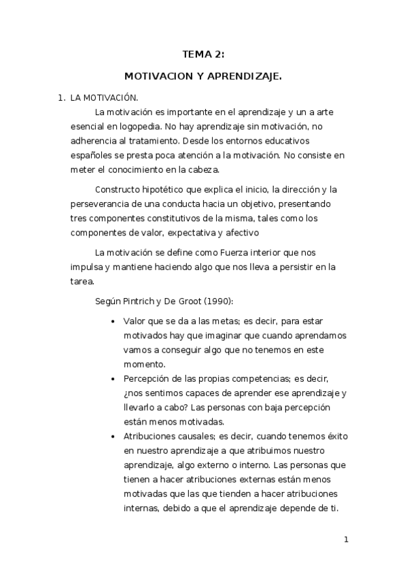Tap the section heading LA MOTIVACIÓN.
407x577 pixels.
pos(104,99)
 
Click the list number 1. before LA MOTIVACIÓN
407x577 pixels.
pos(61,99)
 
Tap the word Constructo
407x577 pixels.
pos(120,188)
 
